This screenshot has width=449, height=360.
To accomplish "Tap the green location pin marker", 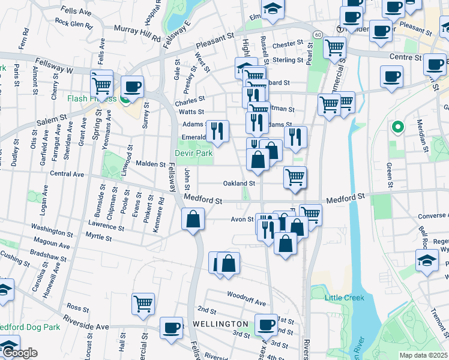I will pyautogui.click(x=396, y=128).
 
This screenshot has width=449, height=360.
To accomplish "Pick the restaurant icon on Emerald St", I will pyautogui.click(x=217, y=130).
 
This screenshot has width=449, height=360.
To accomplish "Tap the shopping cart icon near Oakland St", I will pyautogui.click(x=295, y=177).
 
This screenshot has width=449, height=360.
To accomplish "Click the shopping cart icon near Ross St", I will pyautogui.click(x=143, y=304).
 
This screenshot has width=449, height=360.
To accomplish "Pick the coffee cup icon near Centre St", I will pyautogui.click(x=391, y=77).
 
